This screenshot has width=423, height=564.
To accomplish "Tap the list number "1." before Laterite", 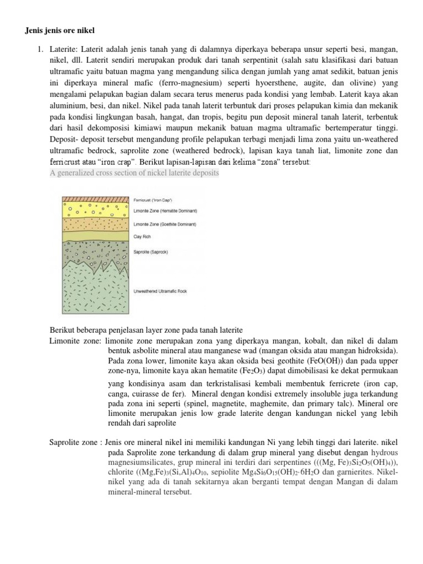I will coord(40,50).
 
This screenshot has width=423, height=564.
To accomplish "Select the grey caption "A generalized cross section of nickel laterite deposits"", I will coord(134,173).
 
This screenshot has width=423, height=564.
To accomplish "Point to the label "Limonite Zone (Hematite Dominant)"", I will coord(166,210).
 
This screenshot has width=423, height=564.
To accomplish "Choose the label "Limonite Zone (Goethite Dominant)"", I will coord(165,224).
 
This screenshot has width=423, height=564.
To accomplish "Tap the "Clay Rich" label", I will coord(142,237).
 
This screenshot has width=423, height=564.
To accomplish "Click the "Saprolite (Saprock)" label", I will coord(150,252).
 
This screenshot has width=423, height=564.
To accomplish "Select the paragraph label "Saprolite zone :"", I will coord(75,443).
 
